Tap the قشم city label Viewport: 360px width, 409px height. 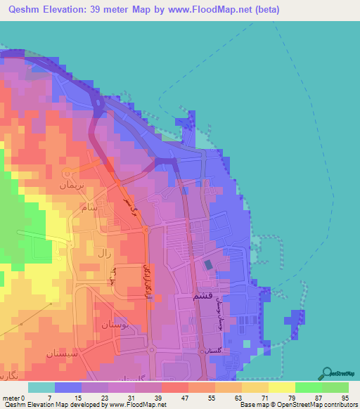[202, 298]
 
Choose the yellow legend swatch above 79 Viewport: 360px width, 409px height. [281, 387]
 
